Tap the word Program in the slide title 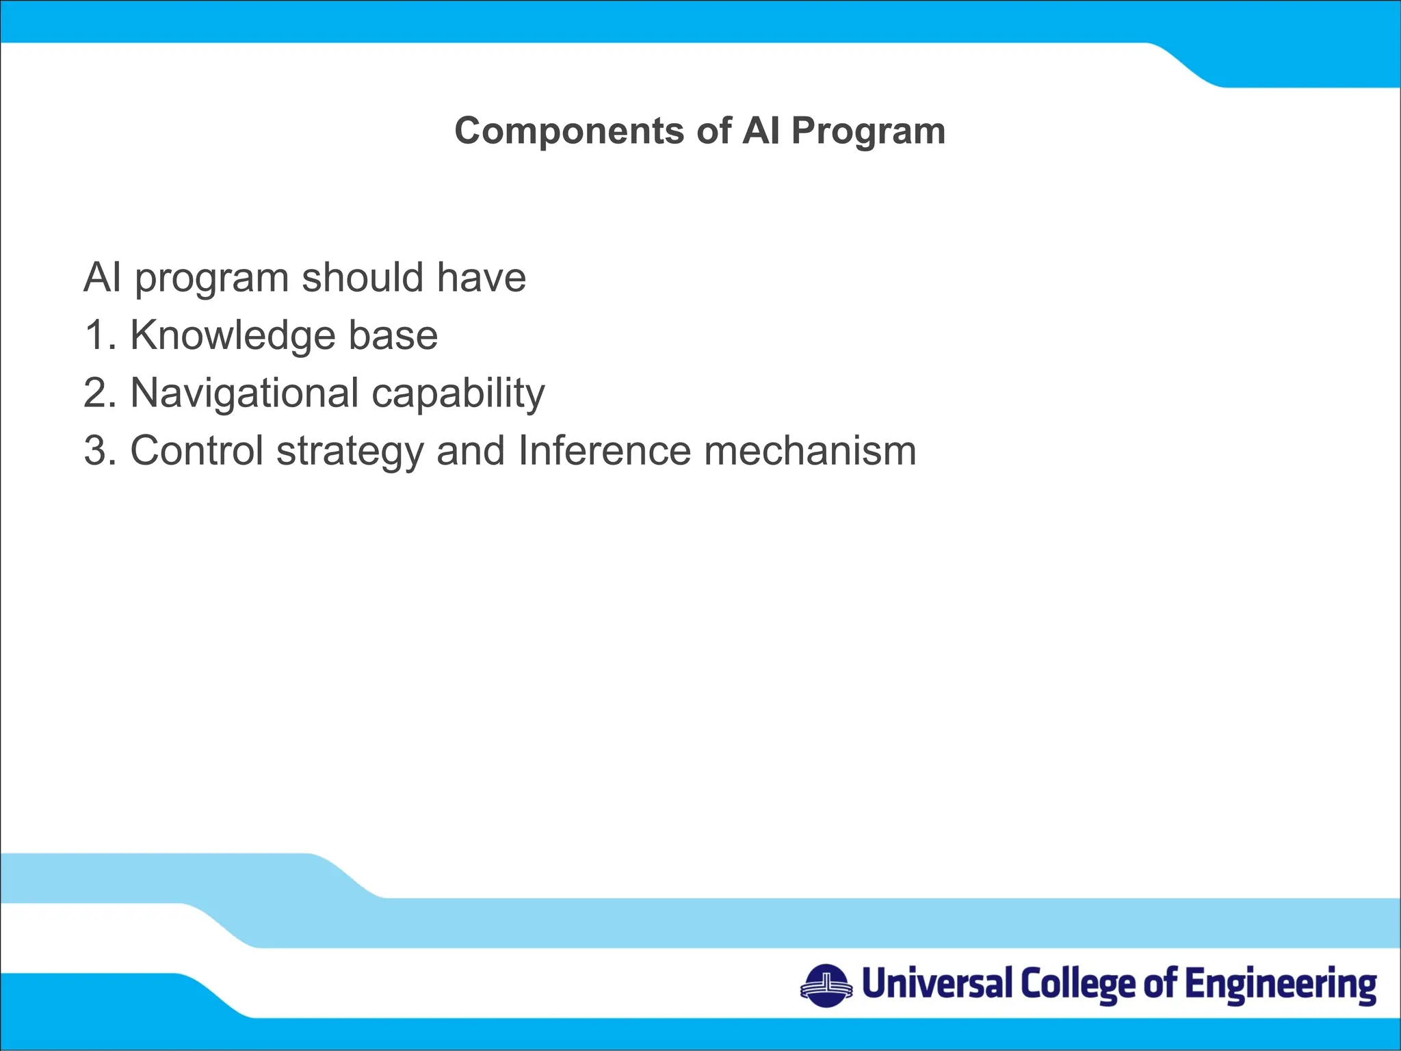868,131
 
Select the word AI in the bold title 761,131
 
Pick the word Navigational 244,393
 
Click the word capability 458,395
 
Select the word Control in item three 196,451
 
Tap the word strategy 350,452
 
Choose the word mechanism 810,451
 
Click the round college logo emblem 826,986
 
